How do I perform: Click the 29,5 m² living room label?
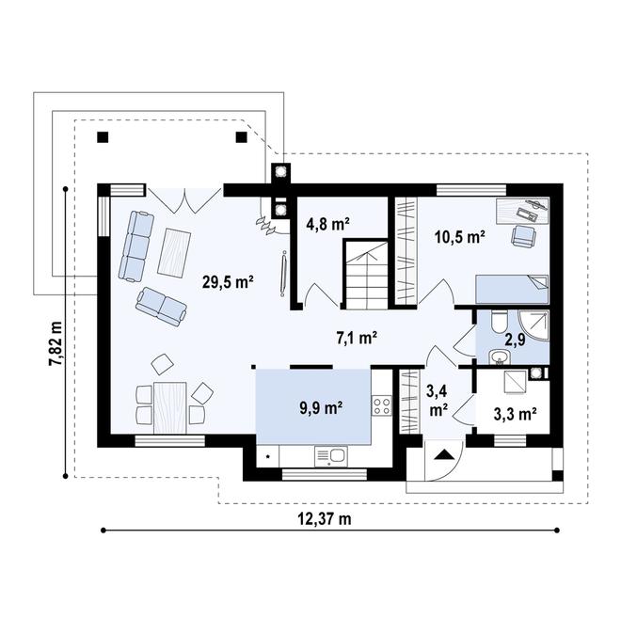[228, 282]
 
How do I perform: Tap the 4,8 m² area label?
[327, 225]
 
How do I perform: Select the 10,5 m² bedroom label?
[460, 237]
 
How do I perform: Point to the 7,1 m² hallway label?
[357, 338]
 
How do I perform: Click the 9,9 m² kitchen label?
[321, 407]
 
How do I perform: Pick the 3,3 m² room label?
[516, 414]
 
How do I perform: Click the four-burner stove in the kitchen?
[381, 405]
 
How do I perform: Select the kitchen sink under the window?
[331, 456]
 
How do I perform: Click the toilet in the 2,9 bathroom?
[499, 321]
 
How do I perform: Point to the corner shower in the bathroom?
[534, 325]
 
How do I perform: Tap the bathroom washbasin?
[500, 357]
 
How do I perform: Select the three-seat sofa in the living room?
[135, 246]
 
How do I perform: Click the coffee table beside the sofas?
[174, 252]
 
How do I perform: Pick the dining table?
[170, 407]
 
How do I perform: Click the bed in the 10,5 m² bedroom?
[512, 289]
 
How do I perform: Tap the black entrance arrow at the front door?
[443, 455]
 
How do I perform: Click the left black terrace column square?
[103, 137]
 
